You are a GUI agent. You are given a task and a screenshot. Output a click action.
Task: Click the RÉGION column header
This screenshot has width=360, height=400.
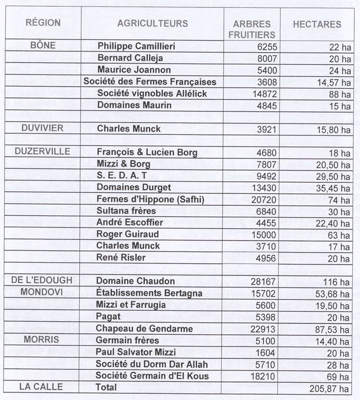pos(43,23)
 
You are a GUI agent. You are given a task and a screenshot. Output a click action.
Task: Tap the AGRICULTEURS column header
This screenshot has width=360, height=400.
pos(152,23)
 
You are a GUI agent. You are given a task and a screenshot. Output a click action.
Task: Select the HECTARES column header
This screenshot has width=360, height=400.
pos(317,24)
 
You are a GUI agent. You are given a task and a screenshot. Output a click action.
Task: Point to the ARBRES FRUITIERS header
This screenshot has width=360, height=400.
pos(252,29)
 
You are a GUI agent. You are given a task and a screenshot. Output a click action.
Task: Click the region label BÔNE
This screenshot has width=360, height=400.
pos(43,45)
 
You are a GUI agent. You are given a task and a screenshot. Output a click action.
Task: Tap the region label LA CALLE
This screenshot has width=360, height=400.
pos(41,387)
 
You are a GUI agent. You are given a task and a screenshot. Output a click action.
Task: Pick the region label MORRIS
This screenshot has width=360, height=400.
pos(42,339)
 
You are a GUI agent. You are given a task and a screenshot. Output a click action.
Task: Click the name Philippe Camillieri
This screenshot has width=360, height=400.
pos(136,46)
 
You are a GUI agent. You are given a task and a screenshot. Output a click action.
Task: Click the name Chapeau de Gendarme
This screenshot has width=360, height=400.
pos(144,329)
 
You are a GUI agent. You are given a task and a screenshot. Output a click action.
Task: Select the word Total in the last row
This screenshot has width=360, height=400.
pos(107,387)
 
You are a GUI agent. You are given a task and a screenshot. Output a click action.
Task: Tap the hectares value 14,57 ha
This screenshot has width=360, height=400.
pos(330,82)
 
